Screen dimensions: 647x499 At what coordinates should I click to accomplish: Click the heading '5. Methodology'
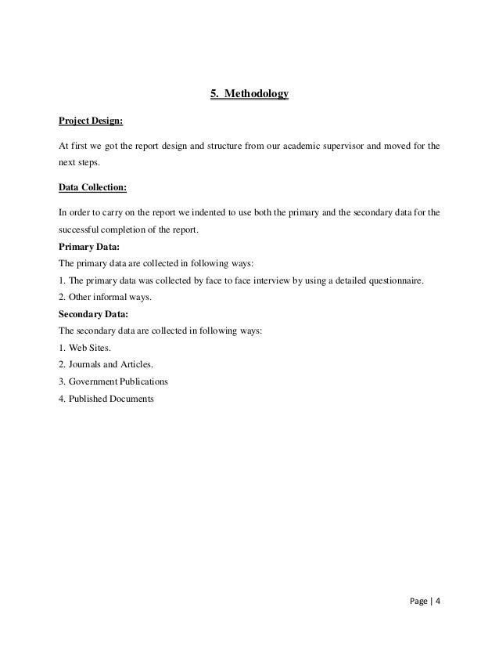249,95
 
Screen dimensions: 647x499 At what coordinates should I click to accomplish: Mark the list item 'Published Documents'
106,399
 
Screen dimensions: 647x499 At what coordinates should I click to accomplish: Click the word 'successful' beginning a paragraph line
80,230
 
